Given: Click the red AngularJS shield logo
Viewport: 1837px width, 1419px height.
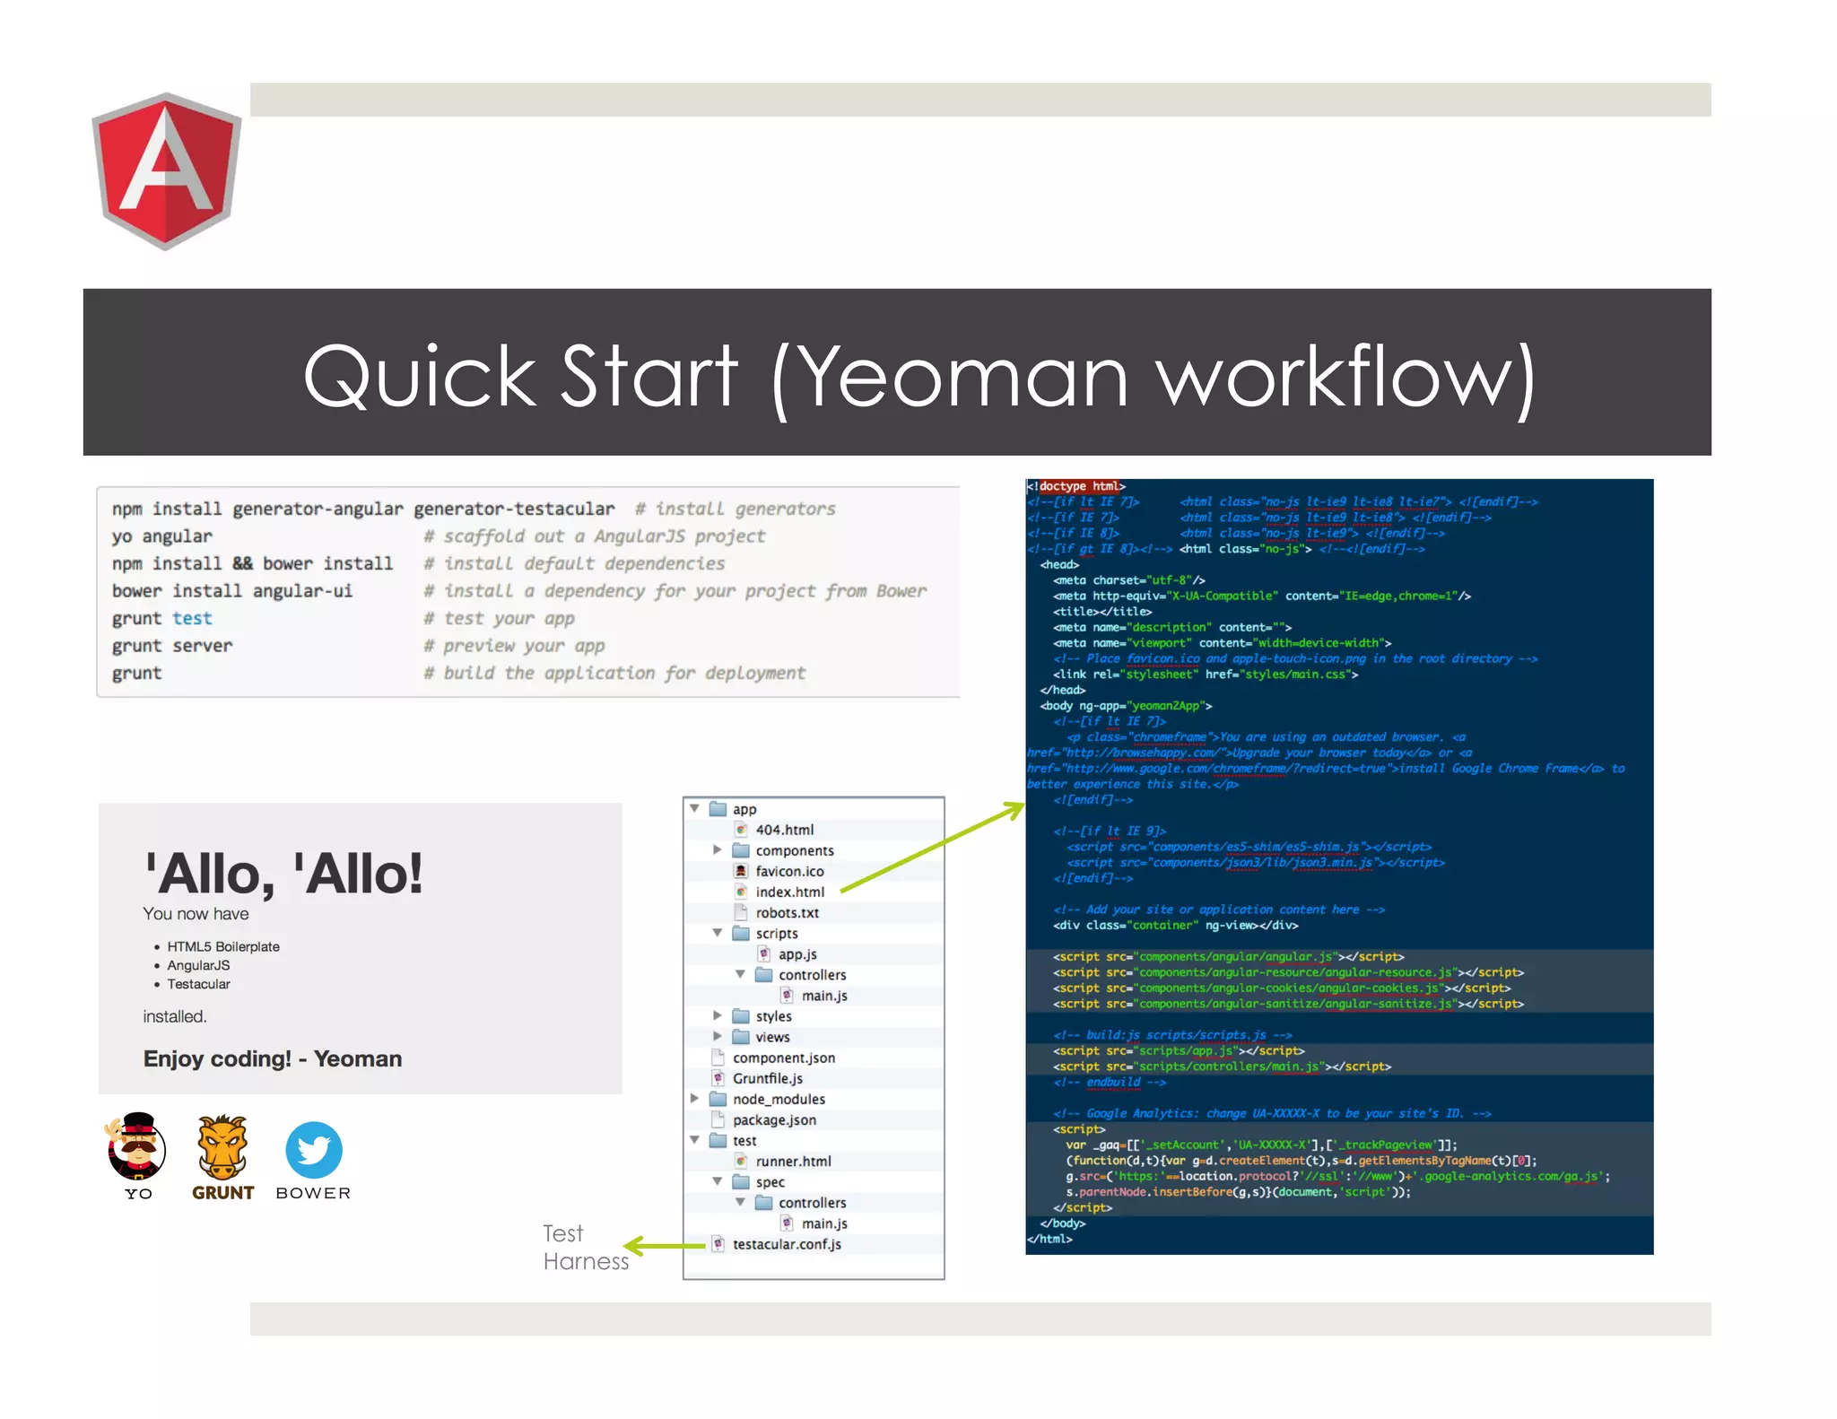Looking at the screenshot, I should (x=166, y=170).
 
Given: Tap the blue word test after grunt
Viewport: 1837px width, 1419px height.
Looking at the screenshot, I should (x=192, y=618).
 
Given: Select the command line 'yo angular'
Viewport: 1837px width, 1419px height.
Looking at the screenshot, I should (x=162, y=536).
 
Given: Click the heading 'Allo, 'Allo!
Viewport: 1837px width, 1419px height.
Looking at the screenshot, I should (x=283, y=873).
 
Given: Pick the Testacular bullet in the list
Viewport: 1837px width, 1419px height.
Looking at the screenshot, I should (x=198, y=984).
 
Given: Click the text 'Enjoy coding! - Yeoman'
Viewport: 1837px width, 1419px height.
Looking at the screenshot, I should (x=273, y=1058).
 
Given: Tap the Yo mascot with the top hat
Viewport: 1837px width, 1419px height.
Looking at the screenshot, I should (x=137, y=1147).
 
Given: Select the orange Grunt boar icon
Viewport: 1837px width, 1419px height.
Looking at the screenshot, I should (x=222, y=1147).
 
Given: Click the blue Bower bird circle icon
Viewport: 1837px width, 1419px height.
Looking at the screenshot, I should (x=314, y=1149).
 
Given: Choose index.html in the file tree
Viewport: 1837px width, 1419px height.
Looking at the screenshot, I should (x=789, y=892).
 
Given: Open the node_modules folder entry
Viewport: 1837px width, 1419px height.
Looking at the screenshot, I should (x=779, y=1099).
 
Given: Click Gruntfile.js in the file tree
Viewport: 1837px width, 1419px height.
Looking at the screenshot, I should (x=767, y=1078).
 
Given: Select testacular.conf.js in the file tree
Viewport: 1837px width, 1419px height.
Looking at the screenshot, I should (x=787, y=1244).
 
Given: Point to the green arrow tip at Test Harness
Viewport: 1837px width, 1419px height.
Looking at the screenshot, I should (x=627, y=1246).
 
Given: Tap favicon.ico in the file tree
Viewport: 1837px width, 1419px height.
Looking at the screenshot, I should (x=789, y=871).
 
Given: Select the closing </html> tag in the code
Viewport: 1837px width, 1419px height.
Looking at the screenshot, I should (x=1050, y=1239).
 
